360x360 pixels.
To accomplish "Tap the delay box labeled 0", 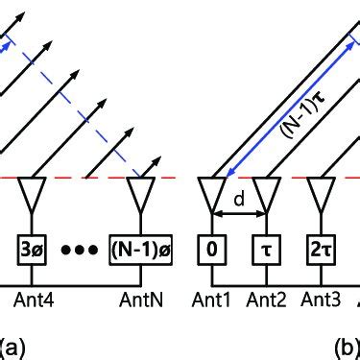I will pos(211,252).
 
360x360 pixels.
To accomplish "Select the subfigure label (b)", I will pos(347,343).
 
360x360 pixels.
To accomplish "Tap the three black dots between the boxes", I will pos(84,252).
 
